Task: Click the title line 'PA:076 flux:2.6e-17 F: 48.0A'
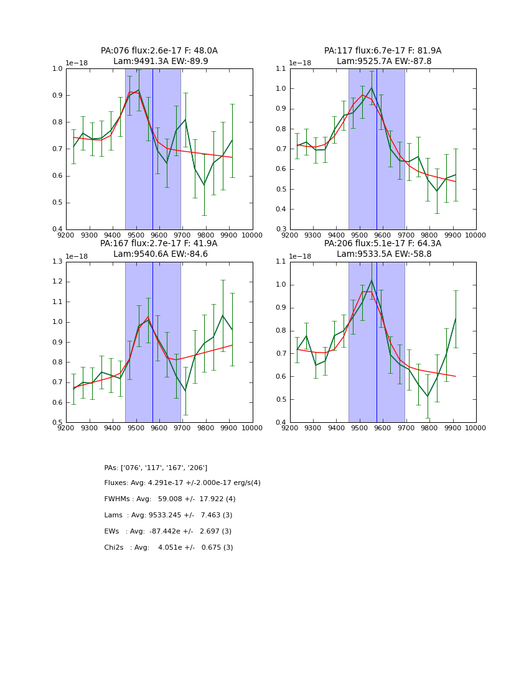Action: [159, 51]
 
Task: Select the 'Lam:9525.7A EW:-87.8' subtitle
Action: [383, 62]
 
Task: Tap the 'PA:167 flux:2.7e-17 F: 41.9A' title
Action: [159, 244]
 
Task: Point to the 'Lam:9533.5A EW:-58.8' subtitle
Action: [383, 254]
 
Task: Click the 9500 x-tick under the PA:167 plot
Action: [136, 428]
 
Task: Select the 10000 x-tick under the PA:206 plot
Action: [476, 428]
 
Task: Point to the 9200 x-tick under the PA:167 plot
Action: [66, 428]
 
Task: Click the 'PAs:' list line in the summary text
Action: [156, 468]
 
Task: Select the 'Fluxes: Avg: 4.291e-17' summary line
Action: [182, 483]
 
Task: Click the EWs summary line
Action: [168, 532]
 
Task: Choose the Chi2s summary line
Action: [169, 548]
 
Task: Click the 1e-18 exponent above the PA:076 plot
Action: [78, 63]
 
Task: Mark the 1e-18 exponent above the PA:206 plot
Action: [302, 256]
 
